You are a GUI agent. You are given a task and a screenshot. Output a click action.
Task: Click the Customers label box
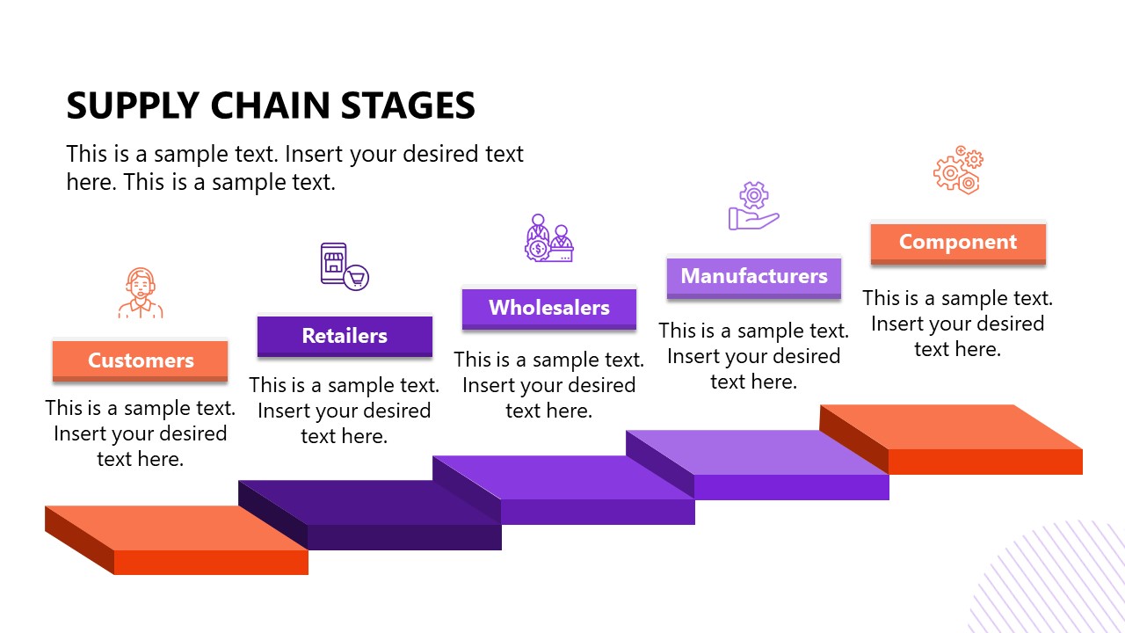click(x=141, y=360)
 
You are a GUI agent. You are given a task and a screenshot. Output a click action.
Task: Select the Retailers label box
click(x=345, y=336)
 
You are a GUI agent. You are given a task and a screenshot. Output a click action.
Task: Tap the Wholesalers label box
click(x=549, y=308)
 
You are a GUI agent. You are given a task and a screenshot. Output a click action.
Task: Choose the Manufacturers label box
click(x=754, y=276)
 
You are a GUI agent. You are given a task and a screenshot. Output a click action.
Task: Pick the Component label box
click(x=958, y=243)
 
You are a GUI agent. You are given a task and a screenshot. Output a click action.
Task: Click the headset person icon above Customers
click(x=141, y=294)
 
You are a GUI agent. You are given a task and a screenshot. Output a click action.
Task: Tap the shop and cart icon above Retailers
click(x=344, y=266)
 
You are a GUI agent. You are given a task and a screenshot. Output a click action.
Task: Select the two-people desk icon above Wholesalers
click(x=549, y=237)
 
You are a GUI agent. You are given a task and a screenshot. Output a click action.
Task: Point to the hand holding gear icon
click(x=753, y=207)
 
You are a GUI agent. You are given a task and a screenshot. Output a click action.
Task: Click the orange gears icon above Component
click(x=958, y=170)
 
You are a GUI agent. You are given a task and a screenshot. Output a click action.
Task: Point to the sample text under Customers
click(x=141, y=433)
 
